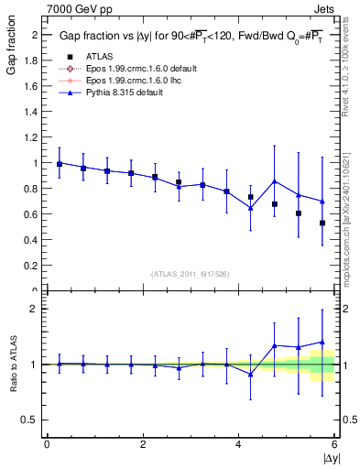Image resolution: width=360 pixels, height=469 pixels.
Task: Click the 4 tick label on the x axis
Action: pyautogui.click(x=239, y=444)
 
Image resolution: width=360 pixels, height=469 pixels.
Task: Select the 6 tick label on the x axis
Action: pyautogui.click(x=334, y=444)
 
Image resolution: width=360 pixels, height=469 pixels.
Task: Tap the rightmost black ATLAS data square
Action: pyautogui.click(x=322, y=223)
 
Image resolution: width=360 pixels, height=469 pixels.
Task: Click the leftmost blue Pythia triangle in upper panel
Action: pyautogui.click(x=60, y=163)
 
